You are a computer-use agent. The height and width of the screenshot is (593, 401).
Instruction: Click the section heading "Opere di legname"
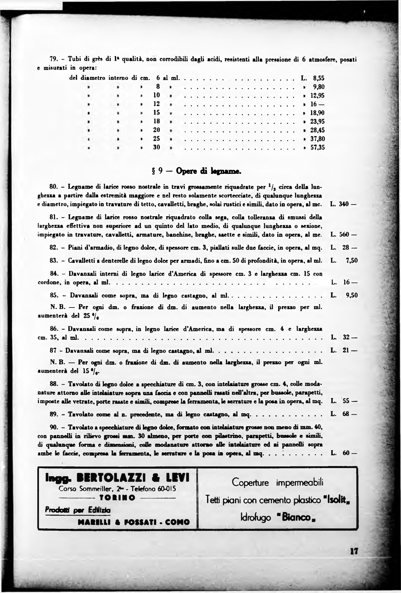[208, 171]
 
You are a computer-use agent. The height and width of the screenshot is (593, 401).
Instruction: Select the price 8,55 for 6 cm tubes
[319, 78]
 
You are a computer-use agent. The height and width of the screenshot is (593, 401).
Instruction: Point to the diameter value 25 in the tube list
[157, 139]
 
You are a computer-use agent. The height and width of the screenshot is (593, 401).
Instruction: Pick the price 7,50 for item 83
[352, 261]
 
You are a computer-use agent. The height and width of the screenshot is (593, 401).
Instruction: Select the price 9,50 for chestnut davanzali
[352, 296]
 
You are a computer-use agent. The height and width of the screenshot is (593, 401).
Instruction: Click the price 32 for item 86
[346, 337]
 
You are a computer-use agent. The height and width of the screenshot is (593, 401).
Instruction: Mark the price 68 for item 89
[346, 414]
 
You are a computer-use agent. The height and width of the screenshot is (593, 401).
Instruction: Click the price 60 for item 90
[346, 453]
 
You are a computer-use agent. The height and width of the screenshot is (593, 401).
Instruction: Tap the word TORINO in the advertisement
[117, 498]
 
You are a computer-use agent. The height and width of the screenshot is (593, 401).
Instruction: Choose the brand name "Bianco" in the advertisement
[297, 517]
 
